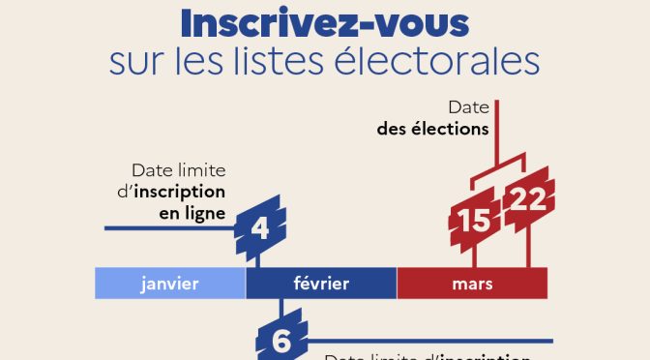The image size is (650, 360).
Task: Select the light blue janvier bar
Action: click(x=170, y=284)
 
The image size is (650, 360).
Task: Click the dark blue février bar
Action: click(x=321, y=284)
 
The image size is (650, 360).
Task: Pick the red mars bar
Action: click(x=472, y=284)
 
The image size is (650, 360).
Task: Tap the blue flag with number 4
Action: click(x=259, y=227)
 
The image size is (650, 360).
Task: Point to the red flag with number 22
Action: click(x=528, y=199)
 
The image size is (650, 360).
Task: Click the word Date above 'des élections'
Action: click(x=467, y=106)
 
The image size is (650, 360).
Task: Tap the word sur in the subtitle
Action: click(x=134, y=63)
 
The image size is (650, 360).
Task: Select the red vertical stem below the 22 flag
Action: click(x=527, y=249)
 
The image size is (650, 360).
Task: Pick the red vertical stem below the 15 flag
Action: click(x=474, y=255)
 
